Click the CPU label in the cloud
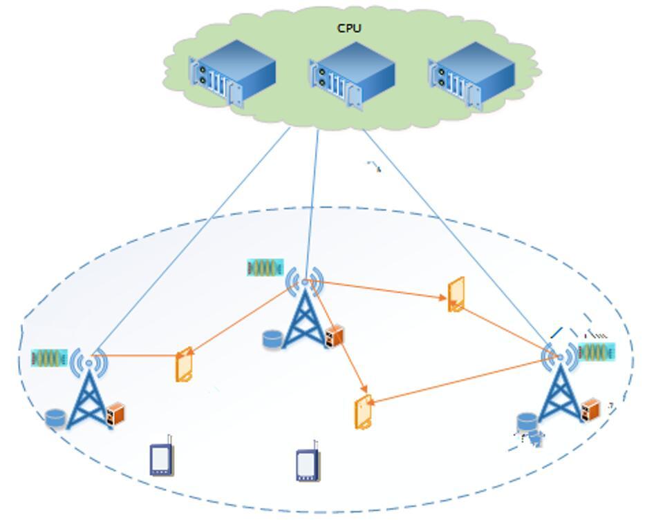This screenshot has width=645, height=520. coord(349,28)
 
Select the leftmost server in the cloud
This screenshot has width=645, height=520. coord(232,73)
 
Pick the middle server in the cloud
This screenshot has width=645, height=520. coord(352,76)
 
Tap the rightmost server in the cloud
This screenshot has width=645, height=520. coord(471,75)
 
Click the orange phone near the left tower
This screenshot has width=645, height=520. coord(184,365)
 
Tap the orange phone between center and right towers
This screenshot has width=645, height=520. coord(456,294)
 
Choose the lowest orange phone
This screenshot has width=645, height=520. coord(363,412)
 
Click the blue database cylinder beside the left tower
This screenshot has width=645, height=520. coord(55,418)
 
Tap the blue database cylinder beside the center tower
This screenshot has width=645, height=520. coord(272,338)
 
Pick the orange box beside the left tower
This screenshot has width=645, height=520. coord(115,413)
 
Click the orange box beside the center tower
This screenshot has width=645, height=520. coord(334,336)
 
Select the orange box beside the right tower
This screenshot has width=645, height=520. coord(590,410)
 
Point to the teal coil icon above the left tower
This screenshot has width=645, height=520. coord(49,358)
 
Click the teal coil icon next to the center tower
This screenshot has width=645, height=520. coord(265,268)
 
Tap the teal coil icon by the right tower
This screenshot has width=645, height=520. coord(597,352)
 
